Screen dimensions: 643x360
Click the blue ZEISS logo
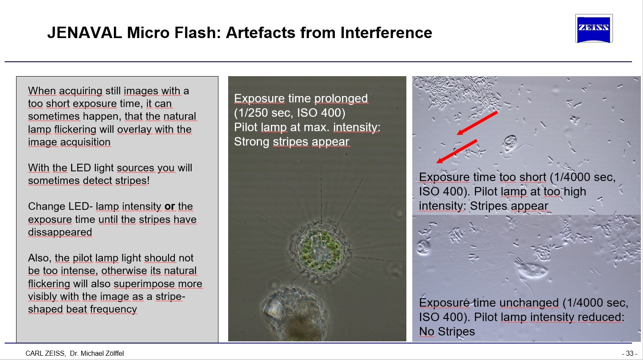tap(593, 29)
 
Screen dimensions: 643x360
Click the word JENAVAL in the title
tap(85, 33)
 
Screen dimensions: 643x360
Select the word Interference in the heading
tap(386, 33)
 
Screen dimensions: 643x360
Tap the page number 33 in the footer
tap(630, 353)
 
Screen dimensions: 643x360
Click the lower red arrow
tap(457, 151)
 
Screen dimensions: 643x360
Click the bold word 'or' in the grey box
tap(170, 206)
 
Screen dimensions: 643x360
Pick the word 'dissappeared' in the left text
tap(60, 232)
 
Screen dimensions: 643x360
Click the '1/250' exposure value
tap(253, 113)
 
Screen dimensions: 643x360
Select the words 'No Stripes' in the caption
tap(447, 331)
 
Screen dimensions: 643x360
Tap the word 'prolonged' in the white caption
tap(341, 99)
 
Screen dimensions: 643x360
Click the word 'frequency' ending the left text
tap(114, 309)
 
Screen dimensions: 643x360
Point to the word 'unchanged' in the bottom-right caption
tap(530, 302)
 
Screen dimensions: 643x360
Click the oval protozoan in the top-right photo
tap(510, 144)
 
